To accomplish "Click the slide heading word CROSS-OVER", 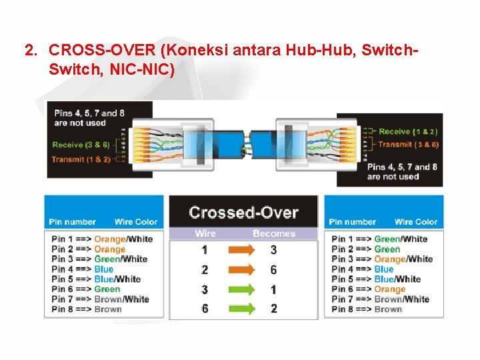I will pyautogui.click(x=93, y=50).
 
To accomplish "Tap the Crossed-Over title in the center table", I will pyautogui.click(x=243, y=213).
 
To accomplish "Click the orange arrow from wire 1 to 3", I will pyautogui.click(x=241, y=250).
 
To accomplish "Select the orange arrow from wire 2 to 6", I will pyautogui.click(x=241, y=270).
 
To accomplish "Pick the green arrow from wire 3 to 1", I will pyautogui.click(x=241, y=289).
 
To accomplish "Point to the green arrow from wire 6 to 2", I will pyautogui.click(x=241, y=309).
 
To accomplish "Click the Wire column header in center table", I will pyautogui.click(x=205, y=233).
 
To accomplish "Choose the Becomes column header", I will pyautogui.click(x=273, y=233).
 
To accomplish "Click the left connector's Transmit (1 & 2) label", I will pyautogui.click(x=81, y=160).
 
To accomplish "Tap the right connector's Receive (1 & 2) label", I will pyautogui.click(x=408, y=132).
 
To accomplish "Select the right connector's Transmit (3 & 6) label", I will pyautogui.click(x=408, y=144).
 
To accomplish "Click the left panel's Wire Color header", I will pyautogui.click(x=136, y=222).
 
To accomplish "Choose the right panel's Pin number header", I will pyautogui.click(x=353, y=222).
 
